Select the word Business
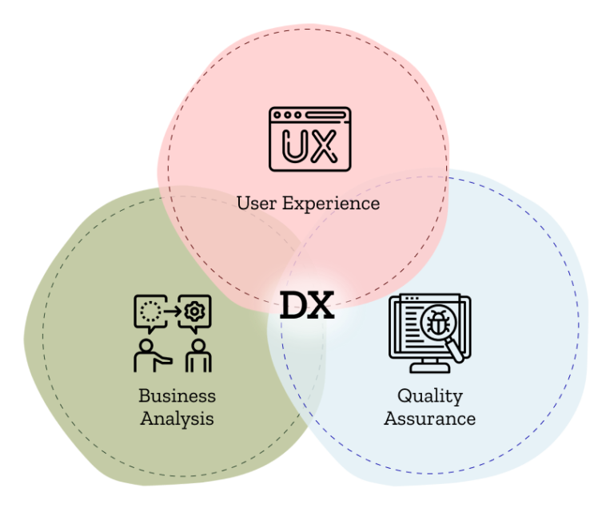[177, 395]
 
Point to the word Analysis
[177, 418]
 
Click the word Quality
[429, 395]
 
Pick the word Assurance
[429, 418]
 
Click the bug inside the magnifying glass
[438, 324]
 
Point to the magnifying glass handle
[456, 350]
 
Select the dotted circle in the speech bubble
[150, 311]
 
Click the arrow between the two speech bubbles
[171, 311]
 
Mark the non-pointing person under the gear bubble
[197, 356]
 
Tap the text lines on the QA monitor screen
[407, 327]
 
